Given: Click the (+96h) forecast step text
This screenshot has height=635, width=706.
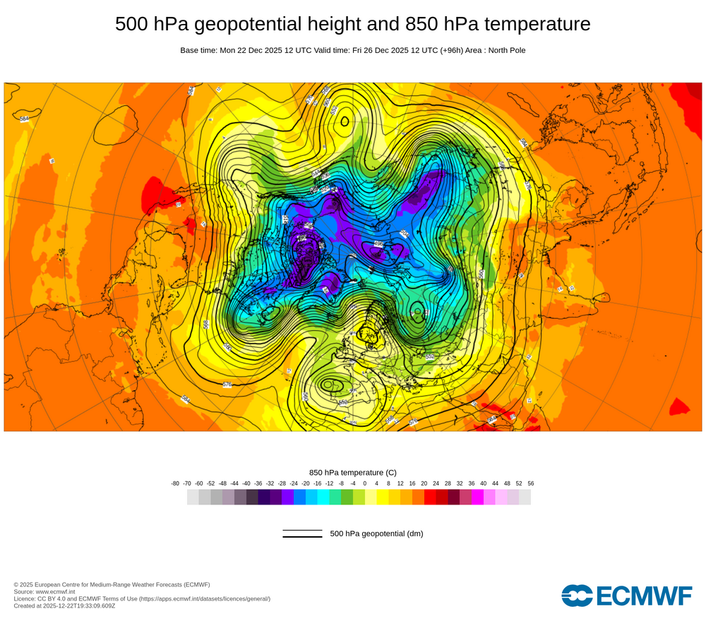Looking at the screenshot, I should (x=447, y=50).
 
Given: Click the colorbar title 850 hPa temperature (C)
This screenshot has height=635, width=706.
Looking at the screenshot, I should (x=353, y=473).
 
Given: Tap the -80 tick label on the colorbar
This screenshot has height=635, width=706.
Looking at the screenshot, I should (x=175, y=483).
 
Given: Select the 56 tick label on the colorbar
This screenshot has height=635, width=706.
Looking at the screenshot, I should (x=530, y=483).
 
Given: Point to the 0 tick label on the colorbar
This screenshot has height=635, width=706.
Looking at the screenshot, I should (x=364, y=483).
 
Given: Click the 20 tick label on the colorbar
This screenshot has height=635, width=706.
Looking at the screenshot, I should (x=424, y=483).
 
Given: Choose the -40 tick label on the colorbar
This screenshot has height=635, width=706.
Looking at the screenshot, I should (x=246, y=483).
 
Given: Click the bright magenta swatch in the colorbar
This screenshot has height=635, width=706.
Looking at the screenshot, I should (x=477, y=497).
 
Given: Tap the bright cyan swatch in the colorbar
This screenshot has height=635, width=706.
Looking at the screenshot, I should (x=323, y=497).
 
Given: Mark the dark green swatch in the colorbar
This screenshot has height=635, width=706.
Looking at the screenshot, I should (x=347, y=497).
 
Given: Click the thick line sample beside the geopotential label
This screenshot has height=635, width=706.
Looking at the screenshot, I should (x=302, y=537).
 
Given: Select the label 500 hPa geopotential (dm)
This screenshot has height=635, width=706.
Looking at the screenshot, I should (x=376, y=533).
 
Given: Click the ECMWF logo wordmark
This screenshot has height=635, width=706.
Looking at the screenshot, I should (x=626, y=595).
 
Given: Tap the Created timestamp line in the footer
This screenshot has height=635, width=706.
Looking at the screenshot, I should (x=64, y=605).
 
